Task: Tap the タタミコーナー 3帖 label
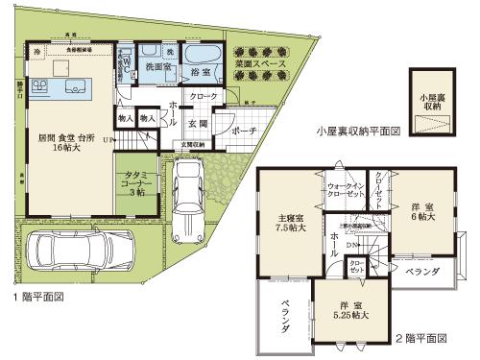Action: click(134, 183)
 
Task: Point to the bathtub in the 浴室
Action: click(202, 53)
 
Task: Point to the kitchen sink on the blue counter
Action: click(75, 88)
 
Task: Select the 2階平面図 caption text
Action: click(423, 339)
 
